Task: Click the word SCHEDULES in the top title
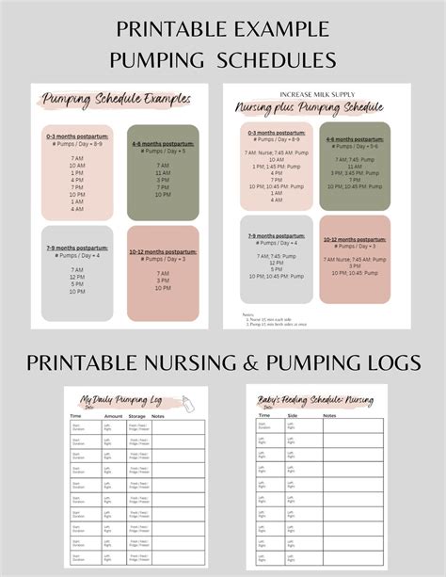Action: [278, 59]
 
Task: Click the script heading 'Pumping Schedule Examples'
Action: [116, 98]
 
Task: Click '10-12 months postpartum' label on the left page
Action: [162, 251]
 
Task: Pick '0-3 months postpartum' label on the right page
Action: [276, 133]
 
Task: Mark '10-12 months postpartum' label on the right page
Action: [355, 232]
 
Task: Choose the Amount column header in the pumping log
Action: [112, 414]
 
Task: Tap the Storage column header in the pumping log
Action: [139, 414]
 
